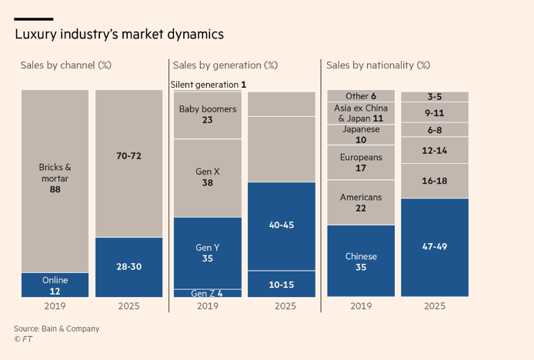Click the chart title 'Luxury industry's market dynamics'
pyautogui.click(x=119, y=35)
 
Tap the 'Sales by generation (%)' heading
pyautogui.click(x=225, y=65)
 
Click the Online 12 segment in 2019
pyautogui.click(x=55, y=285)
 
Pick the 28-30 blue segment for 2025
pyautogui.click(x=128, y=267)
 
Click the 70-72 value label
pyautogui.click(x=128, y=156)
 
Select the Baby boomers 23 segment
pyautogui.click(x=208, y=115)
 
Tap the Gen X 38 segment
pyautogui.click(x=208, y=178)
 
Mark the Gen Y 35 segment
pyautogui.click(x=208, y=253)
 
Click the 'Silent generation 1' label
pyautogui.click(x=209, y=85)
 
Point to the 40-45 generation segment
pyautogui.click(x=282, y=225)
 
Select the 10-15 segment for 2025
pyautogui.click(x=282, y=284)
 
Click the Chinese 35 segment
pyautogui.click(x=361, y=262)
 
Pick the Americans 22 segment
pyautogui.click(x=361, y=203)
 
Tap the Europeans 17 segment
pyautogui.click(x=361, y=162)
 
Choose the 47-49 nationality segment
pyautogui.click(x=435, y=247)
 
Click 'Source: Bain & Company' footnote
pyautogui.click(x=57, y=328)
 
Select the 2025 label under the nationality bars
pyautogui.click(x=435, y=306)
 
